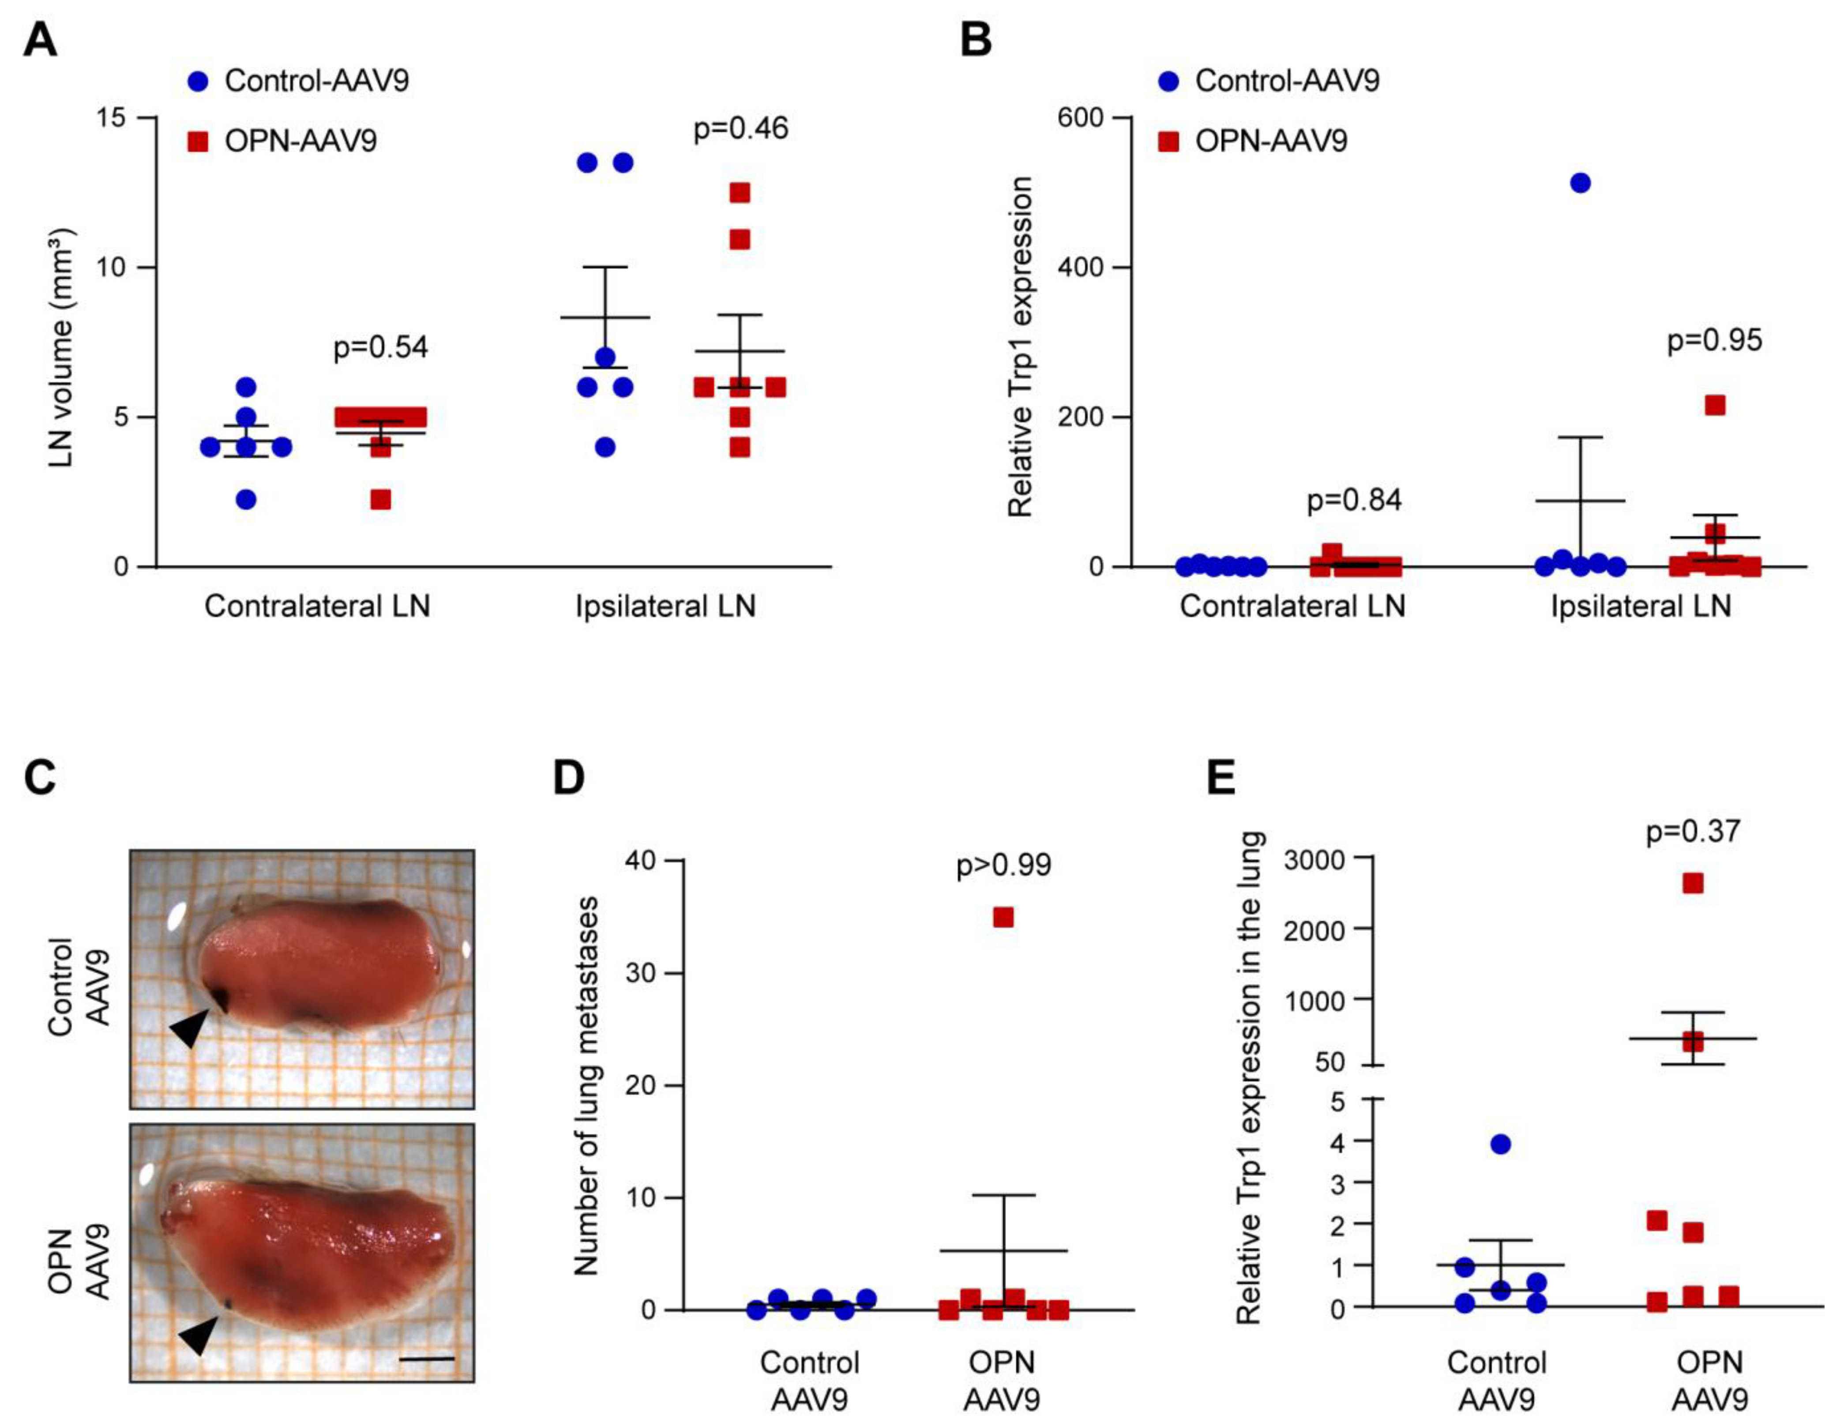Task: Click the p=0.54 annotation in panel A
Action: (381, 347)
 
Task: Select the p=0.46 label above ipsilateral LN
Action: (740, 129)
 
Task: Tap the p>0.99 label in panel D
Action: (1003, 865)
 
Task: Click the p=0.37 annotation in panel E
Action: (1693, 832)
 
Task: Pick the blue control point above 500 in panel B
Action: (1581, 183)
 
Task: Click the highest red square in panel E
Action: (1693, 883)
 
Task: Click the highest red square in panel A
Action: (740, 193)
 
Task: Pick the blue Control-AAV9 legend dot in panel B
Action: (1168, 82)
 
